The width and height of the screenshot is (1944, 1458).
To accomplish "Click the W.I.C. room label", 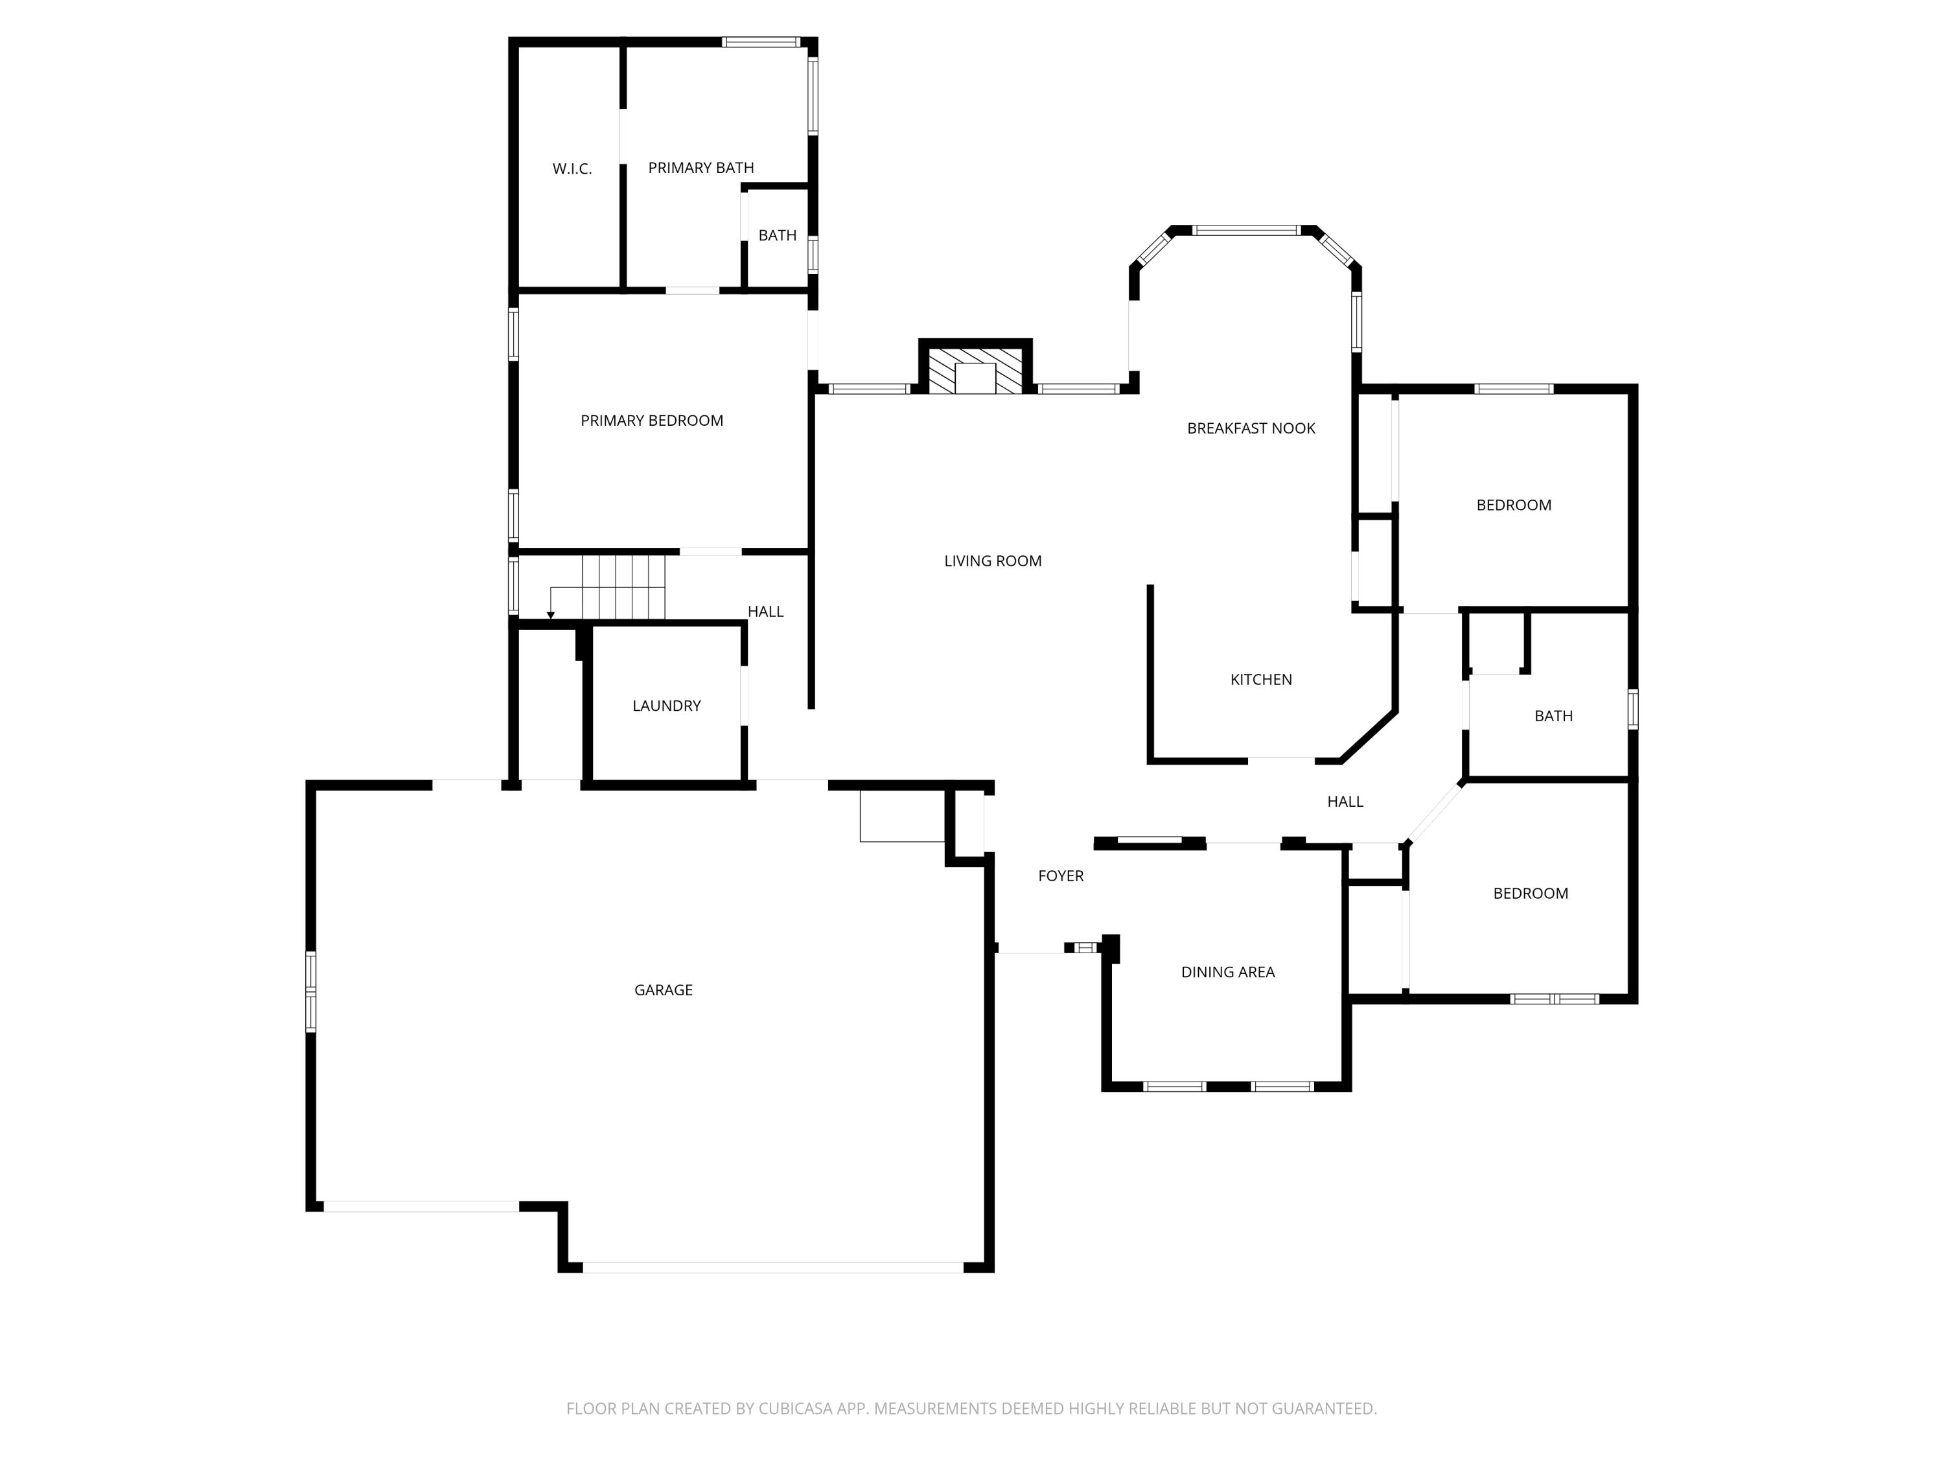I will (x=572, y=168).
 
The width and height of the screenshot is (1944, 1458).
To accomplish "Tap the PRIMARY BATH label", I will (x=700, y=168).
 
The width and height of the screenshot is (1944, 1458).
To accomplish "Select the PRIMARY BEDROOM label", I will (x=651, y=421).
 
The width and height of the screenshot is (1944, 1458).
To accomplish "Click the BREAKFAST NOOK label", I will (x=1251, y=429).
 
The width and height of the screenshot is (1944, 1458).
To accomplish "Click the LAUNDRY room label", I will (x=666, y=706).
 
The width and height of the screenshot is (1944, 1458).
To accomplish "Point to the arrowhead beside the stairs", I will (x=551, y=615).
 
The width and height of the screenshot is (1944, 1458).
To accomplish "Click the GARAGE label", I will (x=663, y=990).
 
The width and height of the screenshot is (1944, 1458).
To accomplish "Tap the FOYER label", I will (x=1061, y=876).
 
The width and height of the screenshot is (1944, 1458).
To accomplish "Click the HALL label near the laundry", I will (x=765, y=612).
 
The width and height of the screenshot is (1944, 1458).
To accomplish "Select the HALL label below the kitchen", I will (x=1345, y=802).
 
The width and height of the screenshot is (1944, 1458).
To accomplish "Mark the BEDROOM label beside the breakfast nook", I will (x=1513, y=506).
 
